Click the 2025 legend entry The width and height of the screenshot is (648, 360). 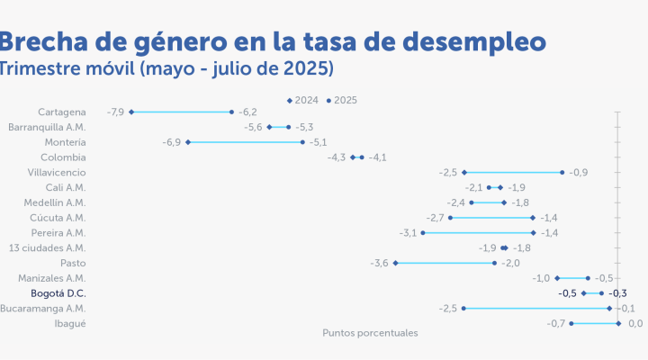(342, 100)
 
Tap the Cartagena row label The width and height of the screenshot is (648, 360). (62, 112)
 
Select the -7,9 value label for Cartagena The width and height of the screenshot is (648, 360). (114, 112)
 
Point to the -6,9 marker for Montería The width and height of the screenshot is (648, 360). (187, 142)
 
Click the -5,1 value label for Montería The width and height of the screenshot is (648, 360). (318, 142)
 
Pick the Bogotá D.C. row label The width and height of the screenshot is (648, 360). (58, 293)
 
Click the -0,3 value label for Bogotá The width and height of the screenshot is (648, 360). (617, 293)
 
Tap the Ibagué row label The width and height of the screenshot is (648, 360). (70, 323)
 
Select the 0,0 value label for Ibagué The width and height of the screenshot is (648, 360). (634, 323)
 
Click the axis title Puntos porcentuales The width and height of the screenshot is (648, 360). (370, 333)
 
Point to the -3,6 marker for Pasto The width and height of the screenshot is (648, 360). (395, 263)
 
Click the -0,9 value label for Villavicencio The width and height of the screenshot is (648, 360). (579, 172)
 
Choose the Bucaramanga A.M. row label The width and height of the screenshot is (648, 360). (42, 309)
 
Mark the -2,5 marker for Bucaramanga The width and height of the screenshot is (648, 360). (463, 309)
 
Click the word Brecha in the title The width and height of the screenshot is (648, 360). (45, 41)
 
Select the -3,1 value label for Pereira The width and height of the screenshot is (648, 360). (408, 232)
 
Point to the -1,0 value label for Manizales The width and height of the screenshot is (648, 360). (541, 278)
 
